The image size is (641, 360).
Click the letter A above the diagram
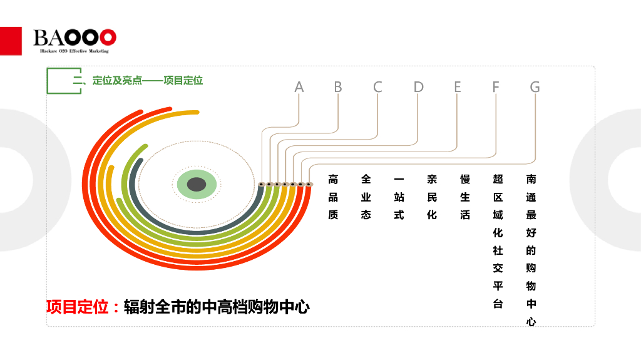click(299, 87)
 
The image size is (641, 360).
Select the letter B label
click(338, 87)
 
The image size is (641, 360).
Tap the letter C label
click(377, 87)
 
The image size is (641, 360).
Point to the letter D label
click(418, 87)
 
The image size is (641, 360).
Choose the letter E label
click(457, 87)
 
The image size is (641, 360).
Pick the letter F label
click(496, 87)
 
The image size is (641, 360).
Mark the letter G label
click(535, 87)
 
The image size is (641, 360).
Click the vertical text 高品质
click(333, 197)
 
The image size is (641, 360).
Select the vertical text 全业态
click(366, 197)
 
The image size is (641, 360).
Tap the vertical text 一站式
click(399, 197)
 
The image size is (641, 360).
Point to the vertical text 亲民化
click(432, 197)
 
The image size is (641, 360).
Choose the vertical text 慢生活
click(465, 197)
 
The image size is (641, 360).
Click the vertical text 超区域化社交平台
click(498, 241)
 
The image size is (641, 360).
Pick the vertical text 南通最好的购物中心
click(531, 250)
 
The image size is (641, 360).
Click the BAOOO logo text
click(75, 37)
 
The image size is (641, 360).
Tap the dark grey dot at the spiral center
click(197, 184)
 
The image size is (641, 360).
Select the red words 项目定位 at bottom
click(78, 307)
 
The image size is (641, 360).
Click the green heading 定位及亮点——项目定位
click(148, 81)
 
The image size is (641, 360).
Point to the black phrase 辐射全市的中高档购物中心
click(217, 307)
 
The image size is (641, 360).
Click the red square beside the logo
click(11, 41)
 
